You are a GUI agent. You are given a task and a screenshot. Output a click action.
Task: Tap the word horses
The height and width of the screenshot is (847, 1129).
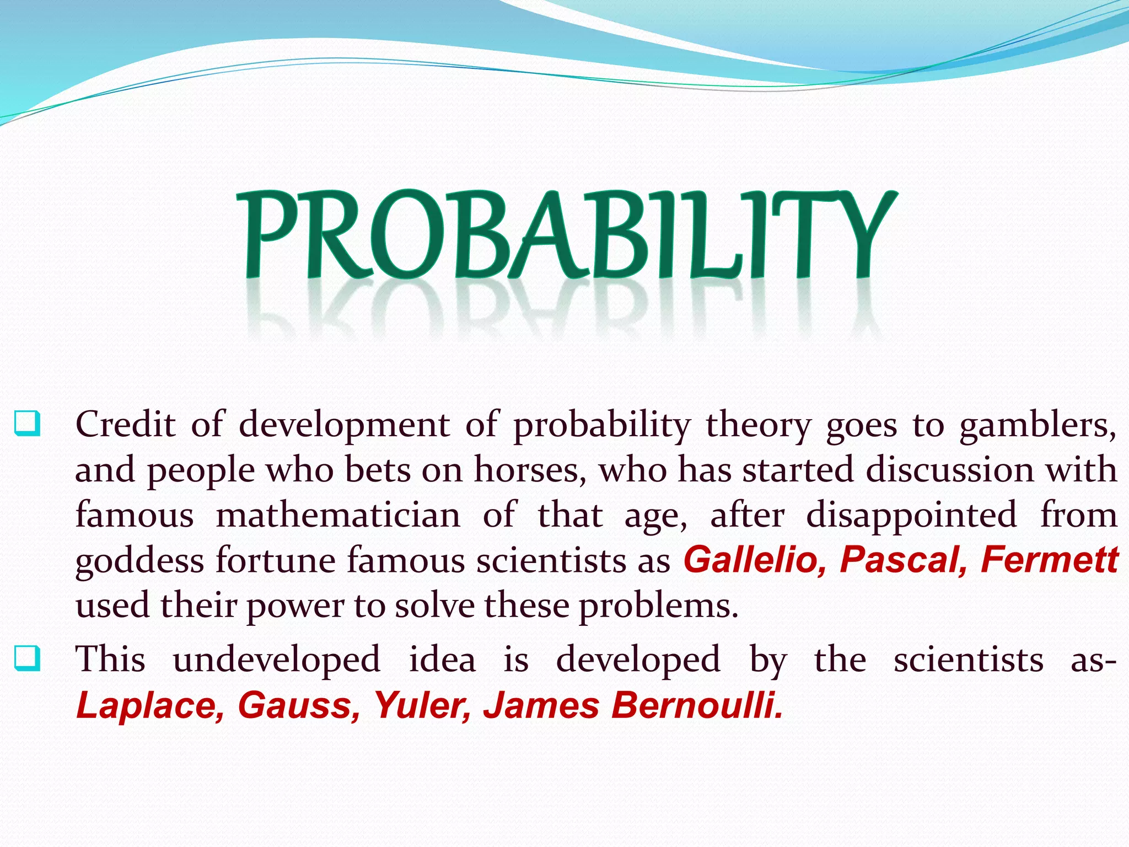[x=530, y=470]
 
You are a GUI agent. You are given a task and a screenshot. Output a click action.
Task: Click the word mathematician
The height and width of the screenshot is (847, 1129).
[x=338, y=516]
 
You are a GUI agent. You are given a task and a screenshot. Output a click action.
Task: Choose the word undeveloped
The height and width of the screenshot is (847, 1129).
[x=277, y=660]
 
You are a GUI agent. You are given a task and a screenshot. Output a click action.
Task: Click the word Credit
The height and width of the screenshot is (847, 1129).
[x=126, y=425]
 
